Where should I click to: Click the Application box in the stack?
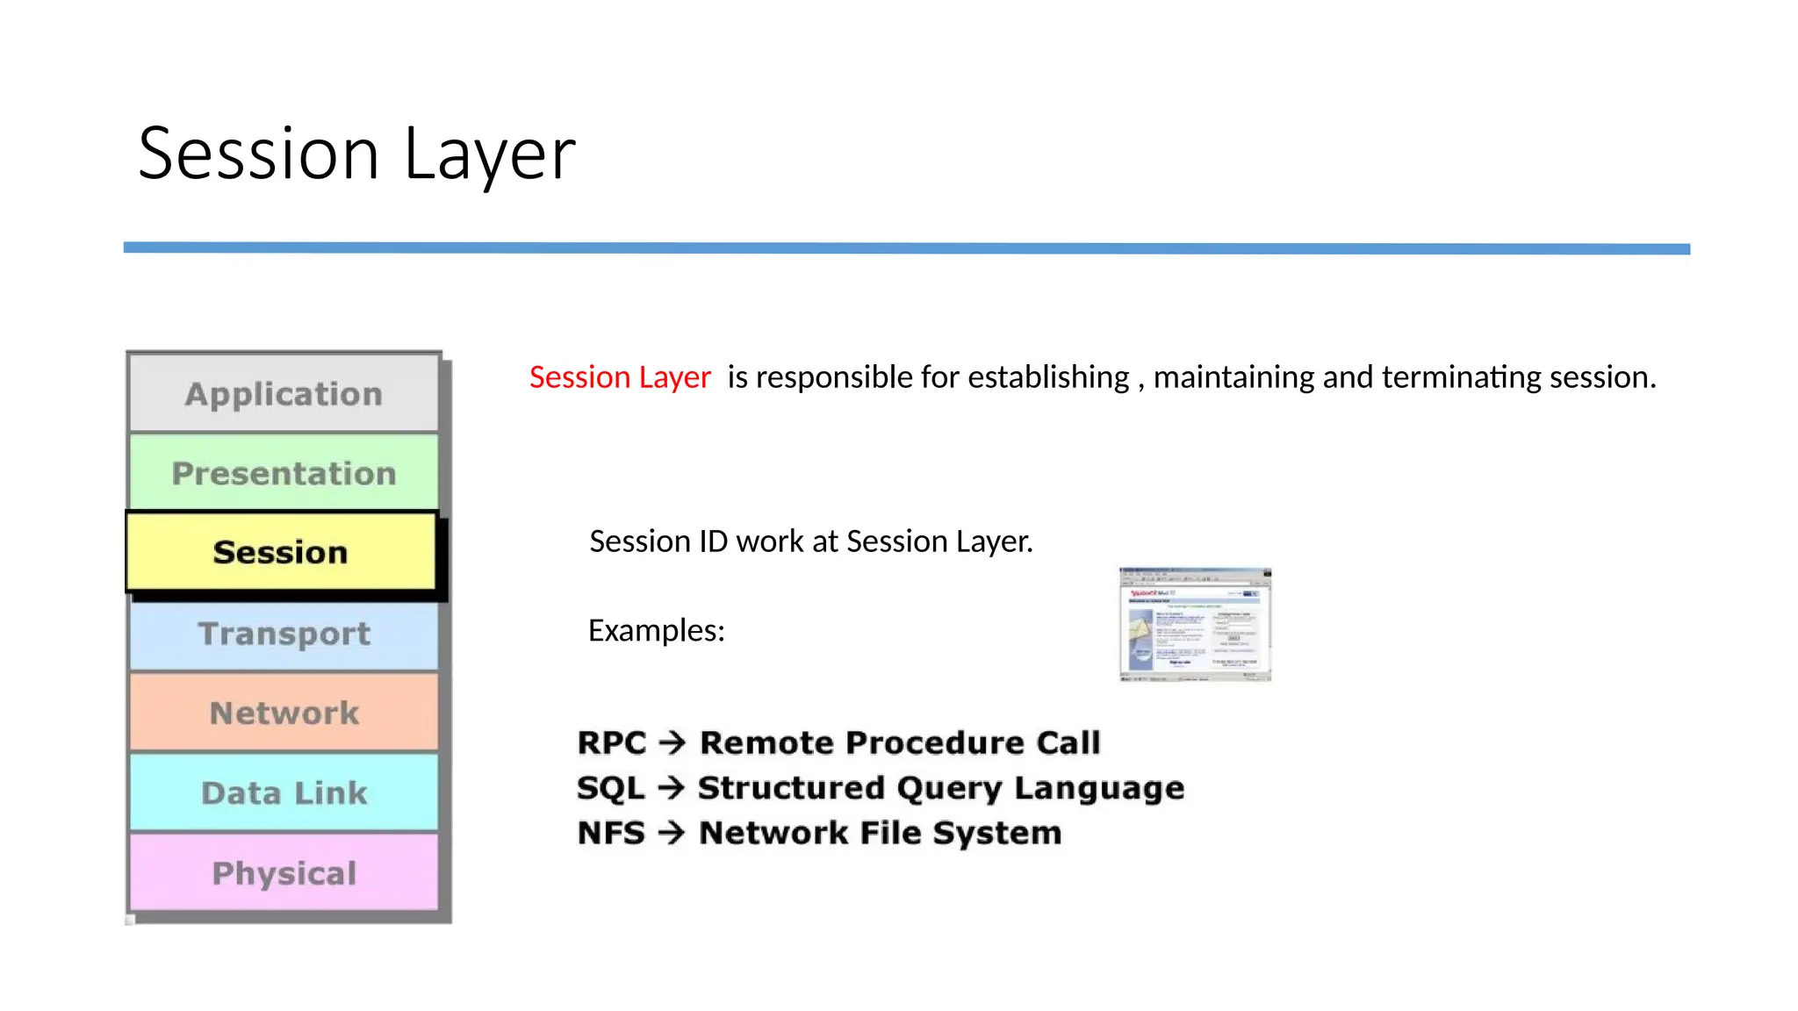[284, 394]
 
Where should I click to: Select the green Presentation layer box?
[284, 473]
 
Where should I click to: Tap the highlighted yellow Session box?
[281, 552]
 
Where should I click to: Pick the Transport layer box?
[284, 633]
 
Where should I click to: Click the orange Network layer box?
[284, 713]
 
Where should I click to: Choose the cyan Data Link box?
[284, 792]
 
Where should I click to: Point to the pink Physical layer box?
[284, 872]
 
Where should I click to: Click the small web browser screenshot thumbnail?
[1195, 624]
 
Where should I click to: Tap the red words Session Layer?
[619, 377]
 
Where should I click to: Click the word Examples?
[656, 630]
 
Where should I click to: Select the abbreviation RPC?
[611, 743]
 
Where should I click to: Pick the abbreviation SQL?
[610, 788]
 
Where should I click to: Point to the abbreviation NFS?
[611, 833]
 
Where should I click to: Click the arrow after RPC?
[672, 743]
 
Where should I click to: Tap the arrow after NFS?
[672, 833]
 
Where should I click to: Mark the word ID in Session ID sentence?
[713, 541]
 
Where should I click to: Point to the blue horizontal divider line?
[906, 248]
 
